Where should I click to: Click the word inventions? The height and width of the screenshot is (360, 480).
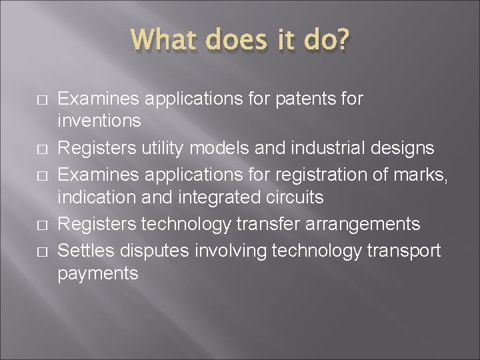[99, 121]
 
